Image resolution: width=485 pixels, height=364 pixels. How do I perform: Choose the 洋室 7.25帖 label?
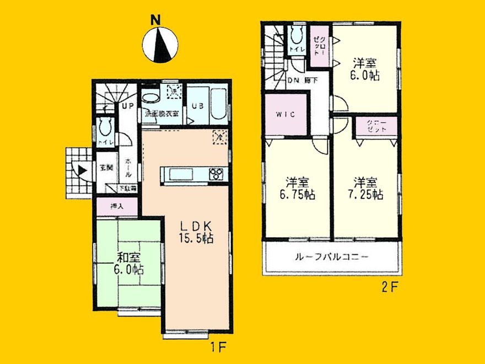click(364, 188)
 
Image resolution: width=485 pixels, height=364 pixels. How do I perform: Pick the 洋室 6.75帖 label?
click(297, 188)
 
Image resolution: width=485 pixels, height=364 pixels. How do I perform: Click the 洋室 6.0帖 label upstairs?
click(364, 69)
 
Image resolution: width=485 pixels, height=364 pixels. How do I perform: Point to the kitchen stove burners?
click(216, 174)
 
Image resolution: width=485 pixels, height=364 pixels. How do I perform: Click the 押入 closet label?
click(116, 207)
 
